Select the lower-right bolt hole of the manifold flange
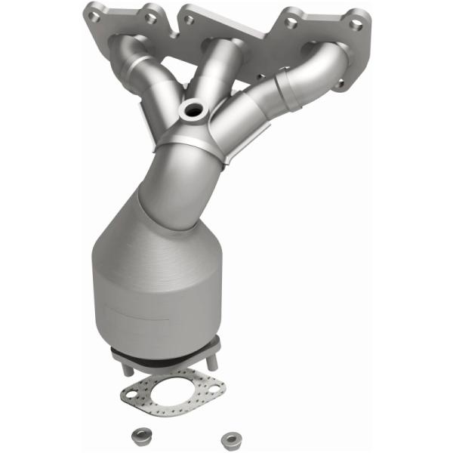(x=341, y=83)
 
